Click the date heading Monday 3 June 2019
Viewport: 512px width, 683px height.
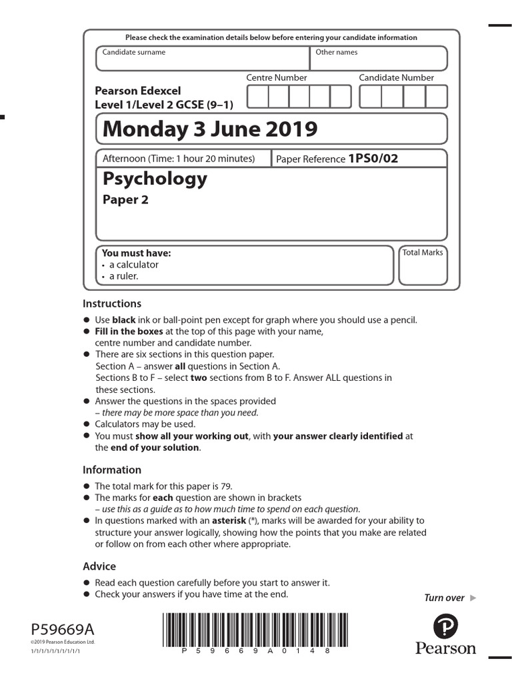210,129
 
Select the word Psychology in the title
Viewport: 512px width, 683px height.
155,179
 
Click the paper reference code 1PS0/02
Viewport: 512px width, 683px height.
373,159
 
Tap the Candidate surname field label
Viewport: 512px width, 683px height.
133,52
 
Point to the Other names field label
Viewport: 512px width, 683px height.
336,52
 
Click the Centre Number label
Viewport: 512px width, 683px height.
277,77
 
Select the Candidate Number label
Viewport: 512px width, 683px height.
396,77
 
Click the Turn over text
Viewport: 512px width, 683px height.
444,598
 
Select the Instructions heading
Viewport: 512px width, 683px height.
112,303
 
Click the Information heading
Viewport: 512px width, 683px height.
112,470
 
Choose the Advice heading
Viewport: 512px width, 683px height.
99,566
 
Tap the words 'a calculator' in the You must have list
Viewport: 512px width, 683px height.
134,265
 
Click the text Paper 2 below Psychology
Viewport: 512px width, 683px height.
125,200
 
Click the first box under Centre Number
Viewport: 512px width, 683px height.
257,97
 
